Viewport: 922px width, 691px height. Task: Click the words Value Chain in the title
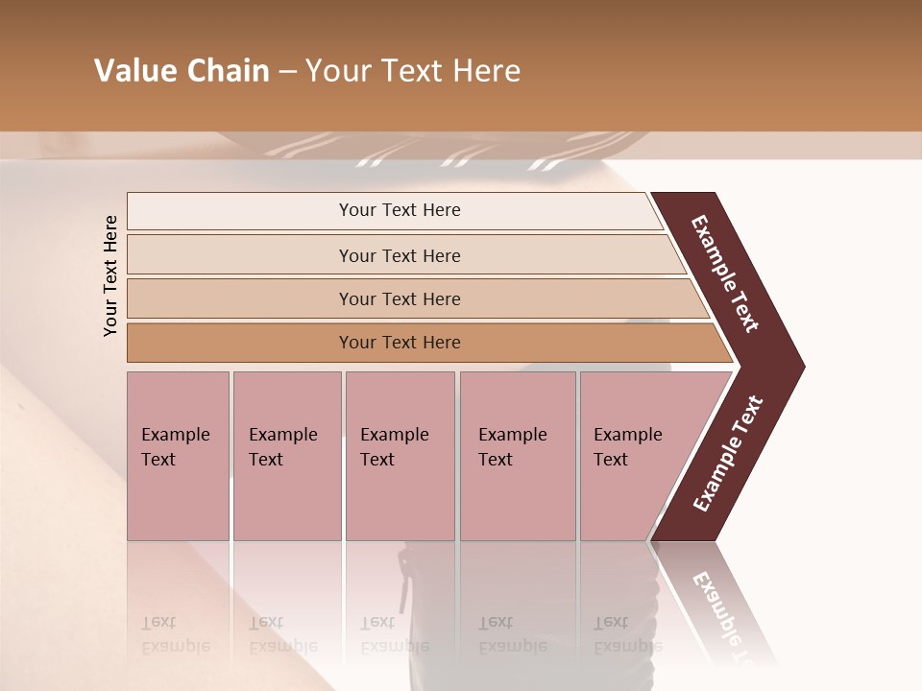pyautogui.click(x=182, y=71)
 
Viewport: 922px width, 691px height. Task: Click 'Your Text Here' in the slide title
pyautogui.click(x=413, y=71)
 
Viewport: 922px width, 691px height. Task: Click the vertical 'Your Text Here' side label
pyautogui.click(x=110, y=275)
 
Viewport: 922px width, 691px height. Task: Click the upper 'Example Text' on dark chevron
pyautogui.click(x=725, y=274)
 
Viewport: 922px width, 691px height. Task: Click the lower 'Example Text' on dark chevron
pyautogui.click(x=728, y=453)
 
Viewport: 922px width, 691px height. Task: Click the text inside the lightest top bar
pyautogui.click(x=400, y=210)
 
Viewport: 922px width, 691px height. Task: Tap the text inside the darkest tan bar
pyautogui.click(x=400, y=343)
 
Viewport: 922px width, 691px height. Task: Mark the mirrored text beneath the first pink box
pyautogui.click(x=175, y=634)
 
